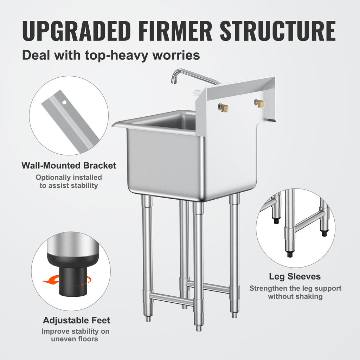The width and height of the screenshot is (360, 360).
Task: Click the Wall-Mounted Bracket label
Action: [x=69, y=165]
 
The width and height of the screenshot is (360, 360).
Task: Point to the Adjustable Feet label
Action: [x=77, y=320]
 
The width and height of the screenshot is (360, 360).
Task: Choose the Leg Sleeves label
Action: [x=295, y=277]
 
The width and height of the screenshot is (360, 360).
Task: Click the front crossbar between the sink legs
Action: [x=171, y=298]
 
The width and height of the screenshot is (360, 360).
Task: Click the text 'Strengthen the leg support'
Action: [x=295, y=289]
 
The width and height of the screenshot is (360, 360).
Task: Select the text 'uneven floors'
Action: [x=75, y=339]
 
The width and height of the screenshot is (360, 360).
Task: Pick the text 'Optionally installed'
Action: [x=69, y=178]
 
